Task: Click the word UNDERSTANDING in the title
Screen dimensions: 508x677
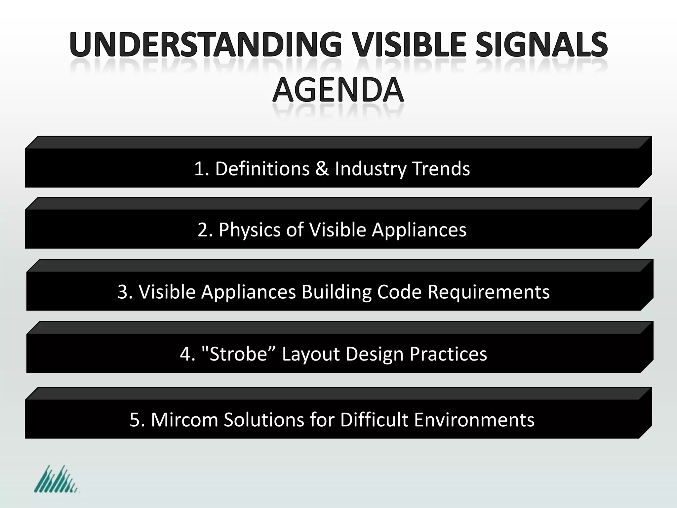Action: pyautogui.click(x=205, y=45)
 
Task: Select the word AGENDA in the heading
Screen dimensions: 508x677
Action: pyautogui.click(x=338, y=90)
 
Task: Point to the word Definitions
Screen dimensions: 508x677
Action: pyautogui.click(x=262, y=169)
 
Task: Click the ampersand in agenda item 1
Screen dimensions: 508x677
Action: pyautogui.click(x=322, y=169)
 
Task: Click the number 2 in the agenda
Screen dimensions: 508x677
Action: pyautogui.click(x=202, y=230)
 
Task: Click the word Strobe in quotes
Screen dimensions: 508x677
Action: pyautogui.click(x=238, y=354)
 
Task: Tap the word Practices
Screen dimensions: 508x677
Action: pyautogui.click(x=448, y=354)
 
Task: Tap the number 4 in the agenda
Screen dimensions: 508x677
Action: pyautogui.click(x=185, y=354)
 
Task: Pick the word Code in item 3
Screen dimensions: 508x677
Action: pyautogui.click(x=399, y=292)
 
